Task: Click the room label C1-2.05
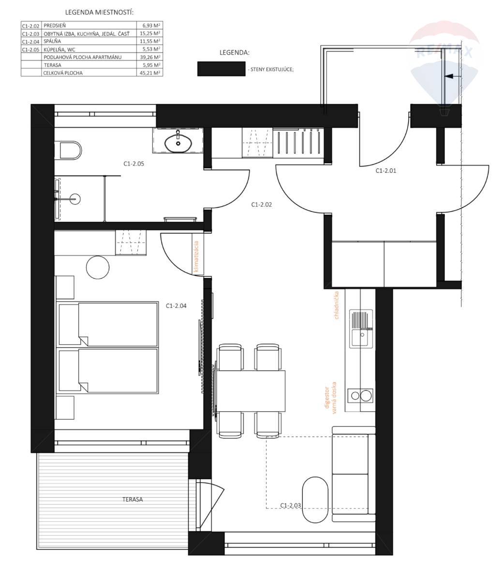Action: coord(133,164)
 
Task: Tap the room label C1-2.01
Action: coord(386,171)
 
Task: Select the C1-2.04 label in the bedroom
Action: coord(176,306)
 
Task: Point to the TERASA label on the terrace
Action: coord(133,500)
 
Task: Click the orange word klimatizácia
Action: coord(196,257)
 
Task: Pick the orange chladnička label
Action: coord(337,305)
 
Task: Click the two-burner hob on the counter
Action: coord(360,395)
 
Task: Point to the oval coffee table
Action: coord(315,500)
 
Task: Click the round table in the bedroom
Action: coord(98,268)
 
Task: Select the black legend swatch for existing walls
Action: coord(221,69)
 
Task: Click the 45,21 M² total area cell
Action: coord(149,73)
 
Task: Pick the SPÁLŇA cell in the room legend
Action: coord(52,42)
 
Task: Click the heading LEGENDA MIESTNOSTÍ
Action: coord(99,12)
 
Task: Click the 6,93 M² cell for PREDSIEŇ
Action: coord(149,26)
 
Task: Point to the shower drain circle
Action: coord(75,199)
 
